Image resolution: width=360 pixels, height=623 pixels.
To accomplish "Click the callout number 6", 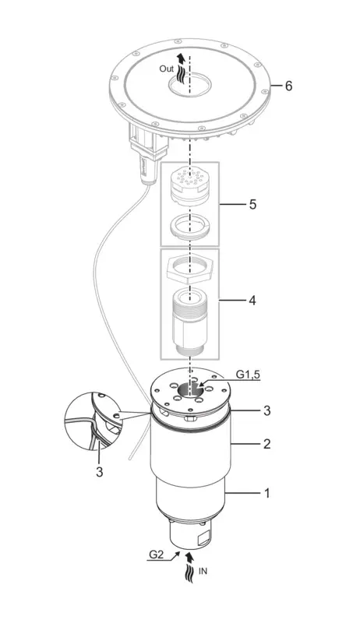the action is tap(288, 86).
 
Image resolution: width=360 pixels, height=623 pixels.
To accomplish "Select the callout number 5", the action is tap(252, 205).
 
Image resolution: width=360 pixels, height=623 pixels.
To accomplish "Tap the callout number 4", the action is tap(252, 301).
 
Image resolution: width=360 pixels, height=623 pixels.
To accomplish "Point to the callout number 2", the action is tap(267, 443).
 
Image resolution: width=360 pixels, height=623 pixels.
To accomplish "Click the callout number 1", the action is tap(267, 494).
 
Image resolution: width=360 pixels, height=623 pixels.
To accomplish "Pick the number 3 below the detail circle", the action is tap(99, 472).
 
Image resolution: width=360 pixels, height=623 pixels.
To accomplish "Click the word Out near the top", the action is tap(167, 69).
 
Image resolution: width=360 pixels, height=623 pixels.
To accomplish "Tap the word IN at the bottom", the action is tap(203, 572).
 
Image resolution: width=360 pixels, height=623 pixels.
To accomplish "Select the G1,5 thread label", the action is tap(249, 375).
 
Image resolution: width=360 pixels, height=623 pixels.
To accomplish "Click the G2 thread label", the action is tap(156, 554).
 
